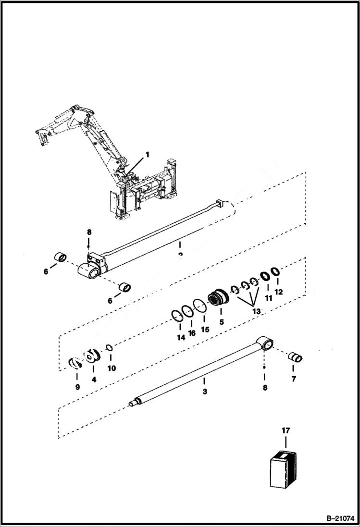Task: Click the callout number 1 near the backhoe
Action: point(148,155)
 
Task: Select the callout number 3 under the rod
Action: point(205,392)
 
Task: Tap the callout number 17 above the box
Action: point(286,431)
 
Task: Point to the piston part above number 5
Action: point(220,299)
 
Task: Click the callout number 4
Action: point(94,379)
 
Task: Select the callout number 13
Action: point(256,312)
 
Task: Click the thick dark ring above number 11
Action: point(264,277)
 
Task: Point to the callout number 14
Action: point(181,338)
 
